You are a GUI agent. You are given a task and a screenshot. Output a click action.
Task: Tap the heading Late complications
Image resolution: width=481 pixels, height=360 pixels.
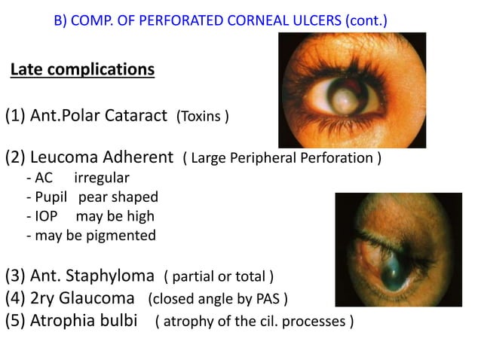(x=82, y=70)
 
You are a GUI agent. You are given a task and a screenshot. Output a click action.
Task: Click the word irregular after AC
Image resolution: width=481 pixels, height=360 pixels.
(x=102, y=178)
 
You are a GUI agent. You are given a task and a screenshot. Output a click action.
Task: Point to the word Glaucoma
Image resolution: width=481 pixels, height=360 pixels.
(x=100, y=298)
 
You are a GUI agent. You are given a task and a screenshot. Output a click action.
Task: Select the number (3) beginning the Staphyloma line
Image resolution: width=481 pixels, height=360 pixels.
(x=16, y=274)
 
